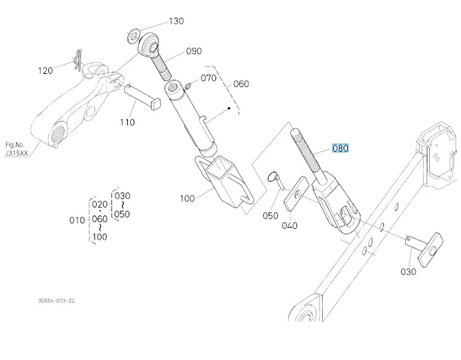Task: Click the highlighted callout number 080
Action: (340, 148)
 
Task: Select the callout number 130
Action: (176, 21)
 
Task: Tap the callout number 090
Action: (194, 51)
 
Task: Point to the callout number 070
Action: (208, 78)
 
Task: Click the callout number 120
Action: (45, 71)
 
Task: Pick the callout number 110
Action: (127, 122)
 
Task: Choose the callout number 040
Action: (290, 225)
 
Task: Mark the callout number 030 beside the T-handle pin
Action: (408, 271)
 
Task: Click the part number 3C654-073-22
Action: (56, 300)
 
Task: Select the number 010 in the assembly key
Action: (77, 220)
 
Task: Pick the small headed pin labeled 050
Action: (276, 183)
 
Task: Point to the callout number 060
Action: (241, 83)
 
